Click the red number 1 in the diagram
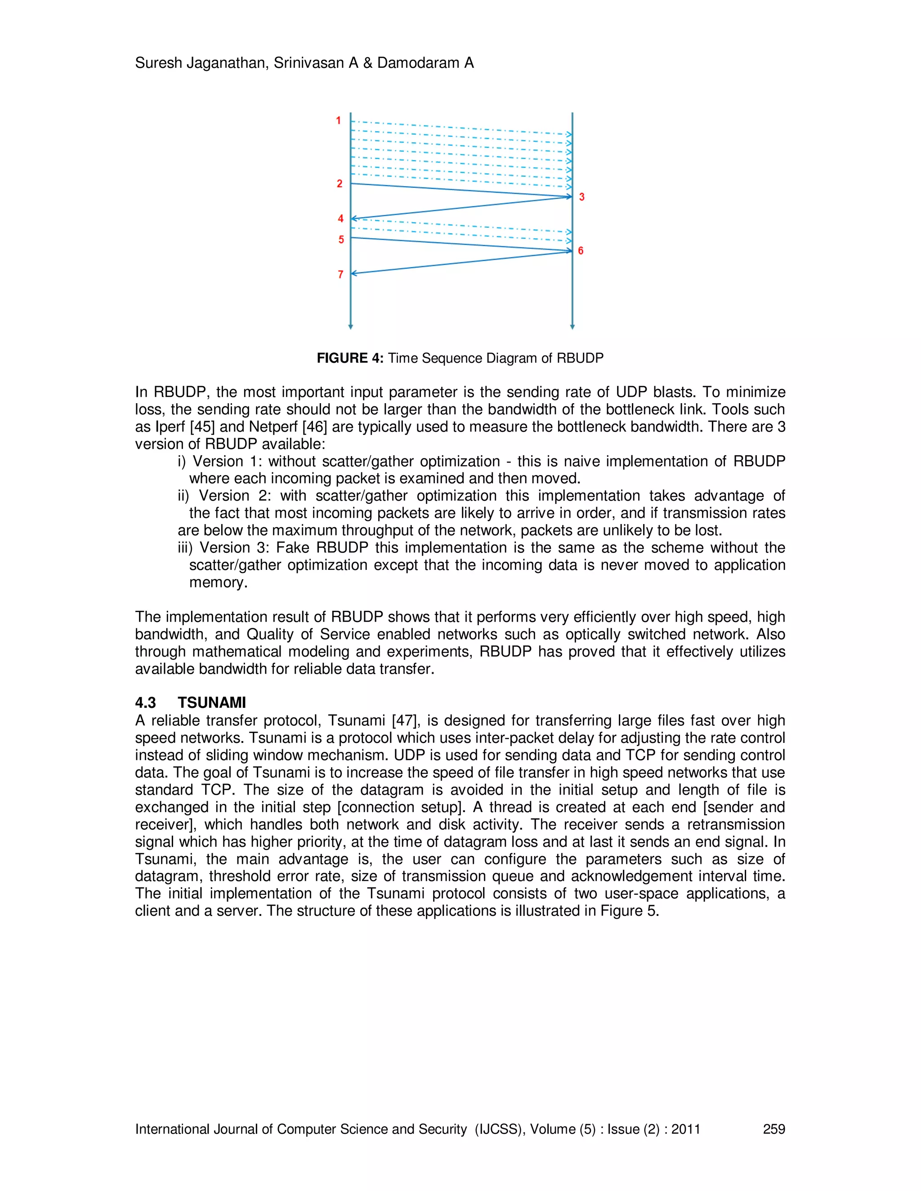point(338,120)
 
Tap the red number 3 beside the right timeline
point(581,197)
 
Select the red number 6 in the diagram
point(581,251)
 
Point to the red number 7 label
point(340,274)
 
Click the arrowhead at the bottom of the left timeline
point(350,327)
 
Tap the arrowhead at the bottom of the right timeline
point(572,327)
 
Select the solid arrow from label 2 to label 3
point(461,190)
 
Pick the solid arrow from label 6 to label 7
point(461,262)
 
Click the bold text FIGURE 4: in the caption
point(350,358)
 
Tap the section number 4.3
point(145,702)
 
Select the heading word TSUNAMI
point(212,702)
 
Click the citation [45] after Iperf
point(202,427)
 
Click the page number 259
point(773,1129)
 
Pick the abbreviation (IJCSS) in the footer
point(498,1129)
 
